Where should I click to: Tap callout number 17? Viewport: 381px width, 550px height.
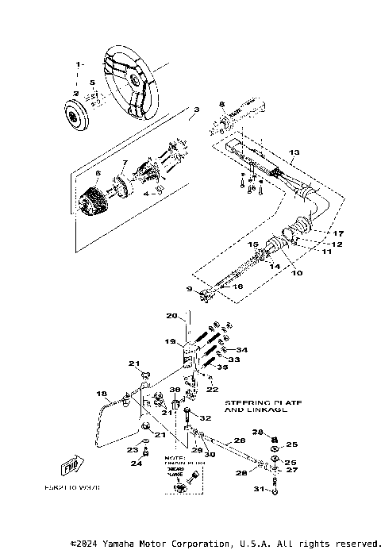click(x=338, y=233)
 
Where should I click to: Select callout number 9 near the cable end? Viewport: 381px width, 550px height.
click(x=189, y=288)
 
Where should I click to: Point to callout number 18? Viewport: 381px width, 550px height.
click(x=102, y=393)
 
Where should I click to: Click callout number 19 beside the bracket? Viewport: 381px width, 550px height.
click(x=169, y=341)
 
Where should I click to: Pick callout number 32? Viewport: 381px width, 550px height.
click(x=205, y=418)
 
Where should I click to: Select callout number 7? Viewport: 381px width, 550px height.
click(x=124, y=163)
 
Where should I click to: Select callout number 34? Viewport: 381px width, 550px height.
click(x=243, y=350)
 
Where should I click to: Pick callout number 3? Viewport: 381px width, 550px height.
click(x=196, y=109)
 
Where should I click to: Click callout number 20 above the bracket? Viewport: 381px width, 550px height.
click(x=171, y=316)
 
